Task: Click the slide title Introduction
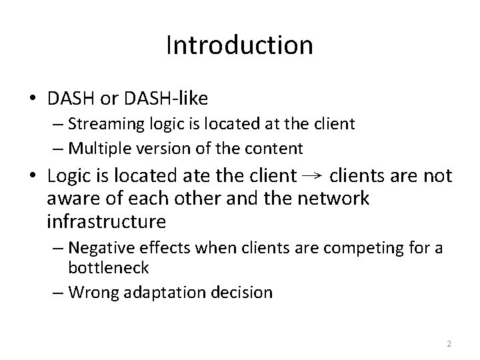pos(239,45)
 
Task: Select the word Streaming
pos(103,123)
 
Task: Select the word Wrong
pos(91,292)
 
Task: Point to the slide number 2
pos(449,344)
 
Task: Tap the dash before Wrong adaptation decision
pos(58,292)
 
